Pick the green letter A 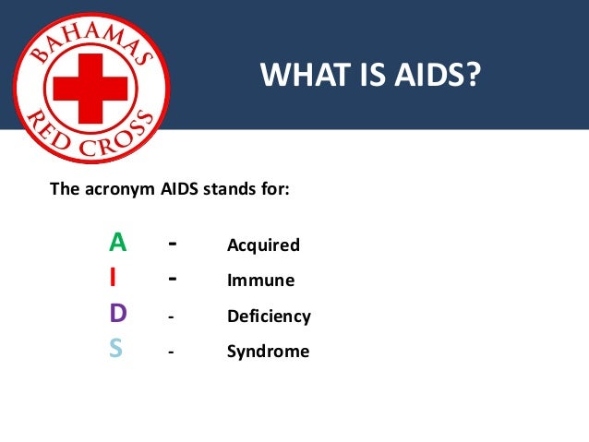(x=117, y=244)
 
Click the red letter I (x=113, y=279)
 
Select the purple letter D (x=117, y=315)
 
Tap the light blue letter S (x=115, y=351)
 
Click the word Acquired (x=263, y=245)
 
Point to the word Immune (x=260, y=281)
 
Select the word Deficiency (x=269, y=317)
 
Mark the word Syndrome (x=268, y=352)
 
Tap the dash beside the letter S (x=171, y=352)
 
